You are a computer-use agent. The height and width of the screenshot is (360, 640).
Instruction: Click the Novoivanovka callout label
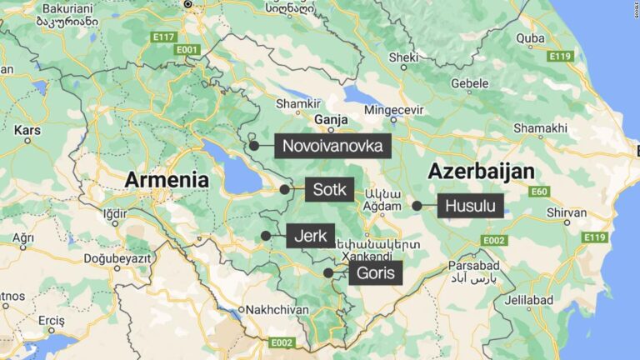pyautogui.click(x=332, y=146)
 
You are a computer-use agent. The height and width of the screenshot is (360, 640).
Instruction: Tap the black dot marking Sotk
pyautogui.click(x=284, y=189)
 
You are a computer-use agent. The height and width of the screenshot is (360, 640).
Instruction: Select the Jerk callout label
pyautogui.click(x=310, y=236)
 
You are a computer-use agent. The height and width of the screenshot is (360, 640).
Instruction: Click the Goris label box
pyautogui.click(x=375, y=272)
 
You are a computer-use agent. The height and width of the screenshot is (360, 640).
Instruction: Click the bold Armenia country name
pyautogui.click(x=167, y=179)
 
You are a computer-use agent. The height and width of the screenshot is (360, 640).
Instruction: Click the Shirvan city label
pyautogui.click(x=567, y=212)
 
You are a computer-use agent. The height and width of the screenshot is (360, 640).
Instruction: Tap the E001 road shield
pyautogui.click(x=187, y=49)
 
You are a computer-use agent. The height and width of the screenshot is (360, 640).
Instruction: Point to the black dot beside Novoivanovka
pyautogui.click(x=253, y=146)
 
